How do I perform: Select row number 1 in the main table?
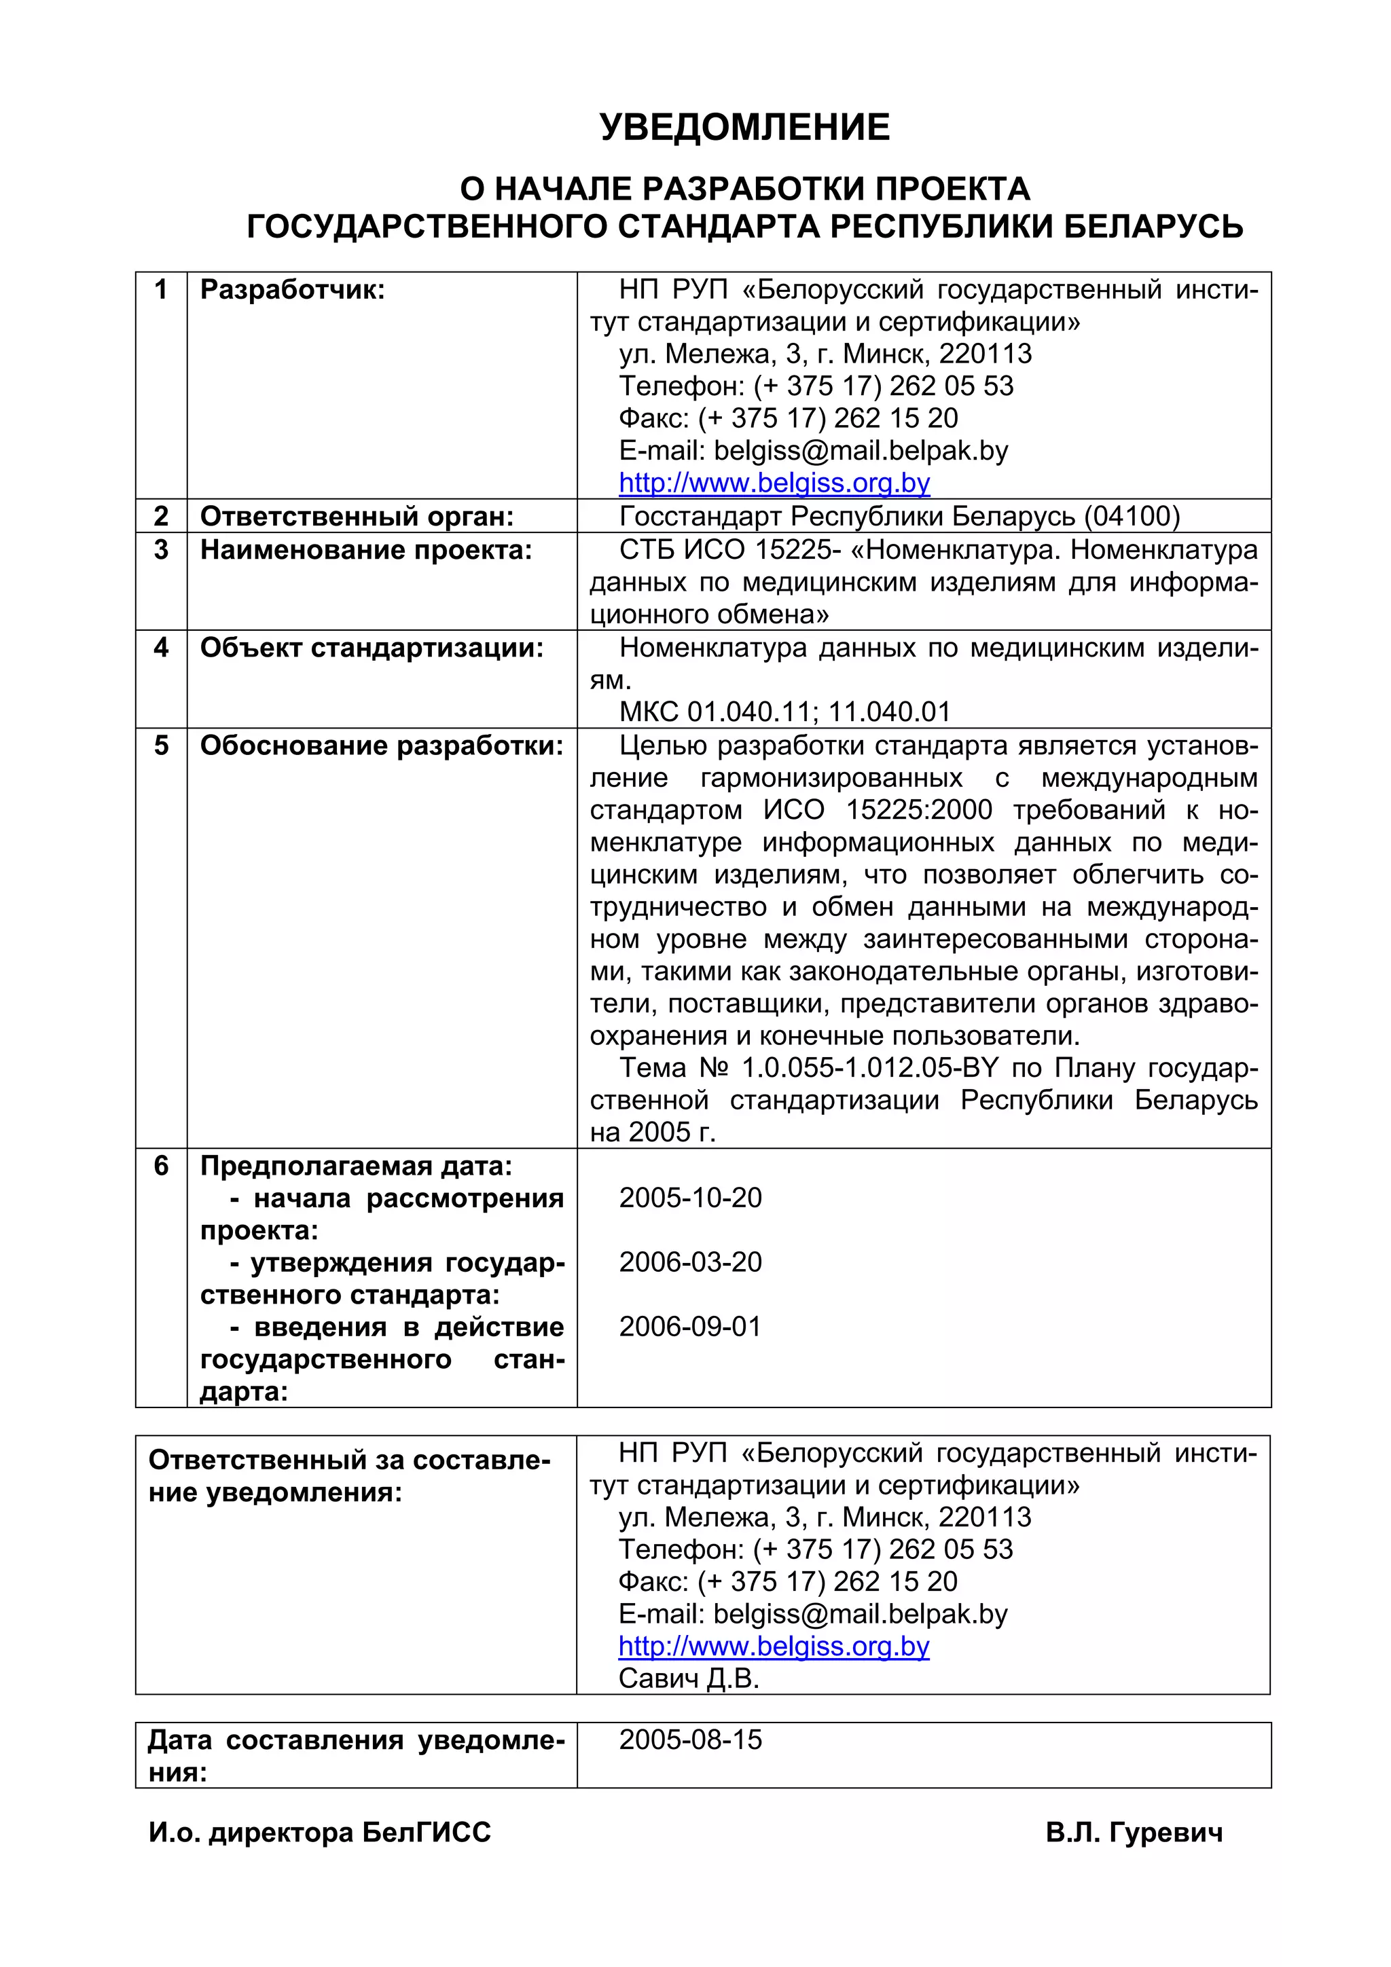160,289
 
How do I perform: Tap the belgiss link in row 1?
774,483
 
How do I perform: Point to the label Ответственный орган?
357,517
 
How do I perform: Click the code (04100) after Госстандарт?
1132,517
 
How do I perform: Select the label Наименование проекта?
366,550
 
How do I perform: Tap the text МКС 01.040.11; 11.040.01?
784,712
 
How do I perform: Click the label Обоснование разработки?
382,746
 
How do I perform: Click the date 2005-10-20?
690,1198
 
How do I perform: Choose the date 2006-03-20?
690,1262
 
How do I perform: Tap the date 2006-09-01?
690,1327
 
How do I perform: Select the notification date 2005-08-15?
690,1740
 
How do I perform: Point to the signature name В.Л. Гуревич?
1133,1833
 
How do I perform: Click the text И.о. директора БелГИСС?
320,1833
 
